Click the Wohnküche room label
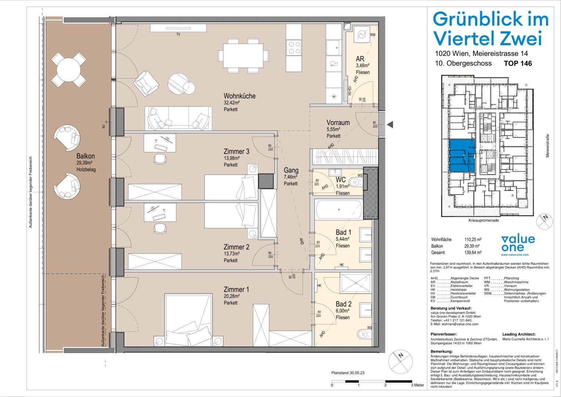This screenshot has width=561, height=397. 239,96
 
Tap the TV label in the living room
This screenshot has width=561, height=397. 178,35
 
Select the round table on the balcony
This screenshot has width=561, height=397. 68,70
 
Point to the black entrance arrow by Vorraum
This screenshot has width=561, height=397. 390,125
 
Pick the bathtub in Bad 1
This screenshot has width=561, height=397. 339,210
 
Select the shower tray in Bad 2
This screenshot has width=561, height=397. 356,283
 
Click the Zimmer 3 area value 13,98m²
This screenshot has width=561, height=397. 231,158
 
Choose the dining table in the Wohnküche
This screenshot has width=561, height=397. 243,56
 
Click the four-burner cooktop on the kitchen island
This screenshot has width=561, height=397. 294,48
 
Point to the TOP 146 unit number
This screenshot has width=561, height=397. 518,63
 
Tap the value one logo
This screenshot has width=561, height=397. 518,243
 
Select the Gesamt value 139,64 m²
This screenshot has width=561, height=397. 473,253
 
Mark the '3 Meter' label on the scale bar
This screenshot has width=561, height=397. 417,385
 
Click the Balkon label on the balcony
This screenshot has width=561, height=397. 85,156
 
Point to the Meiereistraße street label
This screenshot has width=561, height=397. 547,146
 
